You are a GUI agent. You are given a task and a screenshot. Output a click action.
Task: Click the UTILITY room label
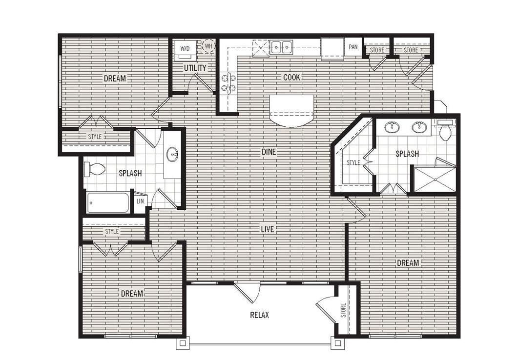click(195, 68)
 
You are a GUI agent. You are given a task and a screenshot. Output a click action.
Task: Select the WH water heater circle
click(208, 46)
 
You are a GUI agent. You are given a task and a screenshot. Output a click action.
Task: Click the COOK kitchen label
click(292, 77)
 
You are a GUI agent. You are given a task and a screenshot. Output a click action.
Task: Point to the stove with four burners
click(228, 82)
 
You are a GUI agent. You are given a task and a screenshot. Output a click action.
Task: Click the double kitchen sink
click(281, 47)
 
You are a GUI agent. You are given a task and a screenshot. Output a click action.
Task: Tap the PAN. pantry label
click(353, 47)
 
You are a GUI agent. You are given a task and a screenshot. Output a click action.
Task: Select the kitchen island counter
click(291, 110)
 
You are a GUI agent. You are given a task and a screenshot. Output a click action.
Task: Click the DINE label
click(269, 152)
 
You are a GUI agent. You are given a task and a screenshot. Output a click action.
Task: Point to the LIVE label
click(267, 229)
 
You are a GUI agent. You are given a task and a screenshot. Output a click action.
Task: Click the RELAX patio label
click(259, 315)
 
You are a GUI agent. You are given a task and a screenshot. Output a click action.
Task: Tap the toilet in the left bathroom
click(95, 169)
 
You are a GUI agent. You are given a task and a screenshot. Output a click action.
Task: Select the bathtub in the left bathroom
click(108, 202)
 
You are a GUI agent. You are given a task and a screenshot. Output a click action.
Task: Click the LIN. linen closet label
click(140, 201)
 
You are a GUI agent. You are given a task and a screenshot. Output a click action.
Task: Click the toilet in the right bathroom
click(445, 131)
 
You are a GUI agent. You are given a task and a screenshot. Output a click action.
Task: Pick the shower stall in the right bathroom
click(435, 179)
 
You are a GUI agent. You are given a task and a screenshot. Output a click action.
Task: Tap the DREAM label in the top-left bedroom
click(115, 78)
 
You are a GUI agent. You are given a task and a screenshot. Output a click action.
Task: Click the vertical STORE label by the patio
click(343, 310)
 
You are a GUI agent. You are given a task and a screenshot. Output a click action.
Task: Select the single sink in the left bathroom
click(172, 155)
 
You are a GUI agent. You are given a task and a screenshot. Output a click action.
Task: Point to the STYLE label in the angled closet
click(353, 162)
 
